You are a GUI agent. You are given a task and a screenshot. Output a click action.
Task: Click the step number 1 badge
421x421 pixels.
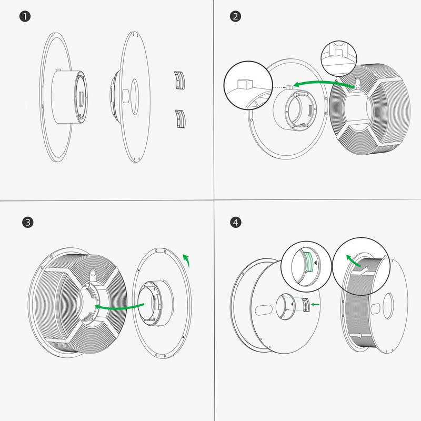pos(25,16)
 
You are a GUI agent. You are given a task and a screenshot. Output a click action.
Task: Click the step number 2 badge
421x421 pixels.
pos(235,16)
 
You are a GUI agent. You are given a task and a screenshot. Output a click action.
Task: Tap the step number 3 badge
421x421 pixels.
pos(28,222)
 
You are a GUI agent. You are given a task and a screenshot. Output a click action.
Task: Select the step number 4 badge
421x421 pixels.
pos(235,222)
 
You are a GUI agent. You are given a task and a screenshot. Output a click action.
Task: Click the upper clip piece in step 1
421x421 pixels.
pos(179,80)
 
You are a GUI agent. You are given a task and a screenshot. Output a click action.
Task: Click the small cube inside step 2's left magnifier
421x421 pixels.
pos(245,84)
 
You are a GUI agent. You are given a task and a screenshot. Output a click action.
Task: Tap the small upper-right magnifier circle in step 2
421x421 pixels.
pos(339,59)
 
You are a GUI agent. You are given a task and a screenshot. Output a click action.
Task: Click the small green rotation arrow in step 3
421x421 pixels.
pos(187,259)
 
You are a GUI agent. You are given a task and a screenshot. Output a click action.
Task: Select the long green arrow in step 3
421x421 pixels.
pos(119,307)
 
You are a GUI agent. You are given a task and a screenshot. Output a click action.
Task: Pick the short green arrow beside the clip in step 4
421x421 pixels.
pos(315,304)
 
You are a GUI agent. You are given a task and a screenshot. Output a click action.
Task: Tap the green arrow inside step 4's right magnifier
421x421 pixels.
pos(353,260)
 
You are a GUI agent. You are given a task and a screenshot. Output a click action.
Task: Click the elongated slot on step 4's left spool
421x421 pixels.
pos(264,310)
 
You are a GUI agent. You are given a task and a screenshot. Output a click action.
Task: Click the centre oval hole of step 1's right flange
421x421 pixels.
pos(135,97)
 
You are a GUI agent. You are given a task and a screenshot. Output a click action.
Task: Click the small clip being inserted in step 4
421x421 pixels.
pos(306,305)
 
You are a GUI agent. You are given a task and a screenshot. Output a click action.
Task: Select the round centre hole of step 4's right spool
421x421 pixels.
pos(388,306)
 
